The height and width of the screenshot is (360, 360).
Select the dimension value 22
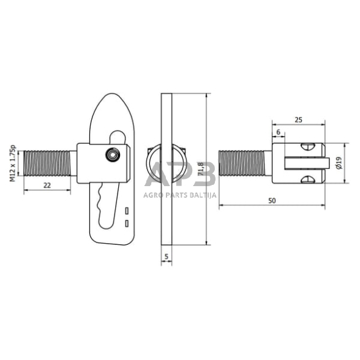47,184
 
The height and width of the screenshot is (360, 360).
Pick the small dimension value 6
278,132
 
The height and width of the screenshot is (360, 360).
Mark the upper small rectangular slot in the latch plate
127,211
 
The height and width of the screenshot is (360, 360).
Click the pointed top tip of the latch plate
111,96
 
